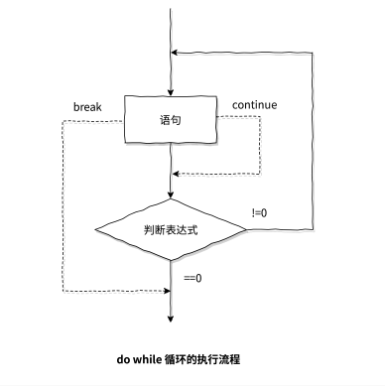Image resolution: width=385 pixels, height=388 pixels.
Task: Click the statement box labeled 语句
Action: click(172, 119)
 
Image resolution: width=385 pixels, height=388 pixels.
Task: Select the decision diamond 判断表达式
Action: click(172, 229)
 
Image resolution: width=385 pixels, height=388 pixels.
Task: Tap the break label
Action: click(88, 104)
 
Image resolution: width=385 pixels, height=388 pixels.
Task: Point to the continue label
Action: click(254, 104)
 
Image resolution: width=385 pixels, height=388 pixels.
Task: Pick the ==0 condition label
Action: click(192, 278)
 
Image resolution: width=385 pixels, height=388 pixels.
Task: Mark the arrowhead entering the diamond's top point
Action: click(172, 195)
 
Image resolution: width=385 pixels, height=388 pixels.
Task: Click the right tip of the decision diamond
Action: click(247, 229)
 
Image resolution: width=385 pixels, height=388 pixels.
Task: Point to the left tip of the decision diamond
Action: click(95, 229)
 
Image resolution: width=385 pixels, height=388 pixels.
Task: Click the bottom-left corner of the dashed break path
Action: click(63, 291)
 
